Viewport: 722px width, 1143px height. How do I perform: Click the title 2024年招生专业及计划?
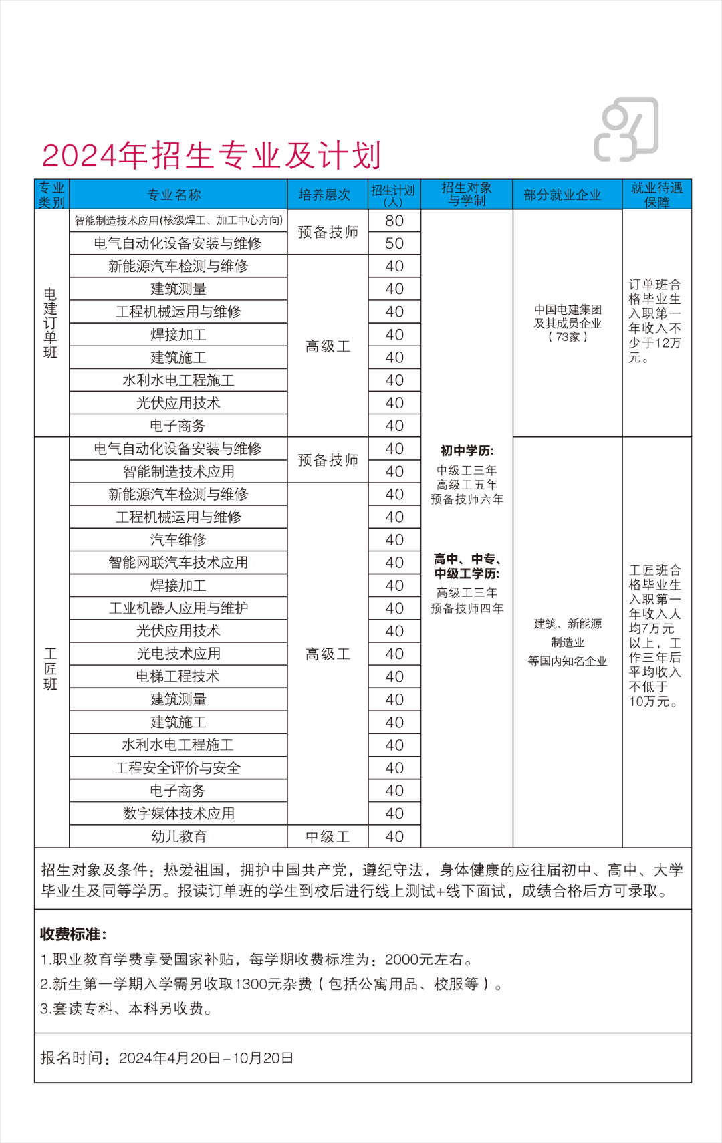(x=211, y=156)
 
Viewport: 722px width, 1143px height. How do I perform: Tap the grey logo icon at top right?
(x=626, y=130)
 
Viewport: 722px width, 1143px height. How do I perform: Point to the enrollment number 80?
(x=394, y=221)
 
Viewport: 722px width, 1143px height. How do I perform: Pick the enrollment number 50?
(x=394, y=243)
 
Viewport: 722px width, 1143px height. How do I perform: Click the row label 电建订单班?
(x=51, y=324)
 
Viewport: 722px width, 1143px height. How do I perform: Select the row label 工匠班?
(x=51, y=669)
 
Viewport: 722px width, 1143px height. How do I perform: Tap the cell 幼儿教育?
(x=178, y=836)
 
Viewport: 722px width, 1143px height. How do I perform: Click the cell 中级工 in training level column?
(x=328, y=836)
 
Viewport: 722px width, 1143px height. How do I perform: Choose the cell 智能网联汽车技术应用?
(x=178, y=563)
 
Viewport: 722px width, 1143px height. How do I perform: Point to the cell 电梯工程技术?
(x=178, y=676)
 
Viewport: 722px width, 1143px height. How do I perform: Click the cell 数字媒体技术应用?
(x=178, y=813)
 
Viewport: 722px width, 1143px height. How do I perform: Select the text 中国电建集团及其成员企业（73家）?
(x=568, y=324)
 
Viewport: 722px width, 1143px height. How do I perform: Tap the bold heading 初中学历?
(x=467, y=451)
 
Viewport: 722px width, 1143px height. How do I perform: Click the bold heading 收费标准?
(x=74, y=934)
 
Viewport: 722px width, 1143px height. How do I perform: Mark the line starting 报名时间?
(x=167, y=1058)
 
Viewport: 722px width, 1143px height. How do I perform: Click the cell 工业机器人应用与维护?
(x=178, y=608)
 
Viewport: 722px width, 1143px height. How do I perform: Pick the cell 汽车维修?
(x=178, y=540)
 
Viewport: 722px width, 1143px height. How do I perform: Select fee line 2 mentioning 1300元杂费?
(x=271, y=984)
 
